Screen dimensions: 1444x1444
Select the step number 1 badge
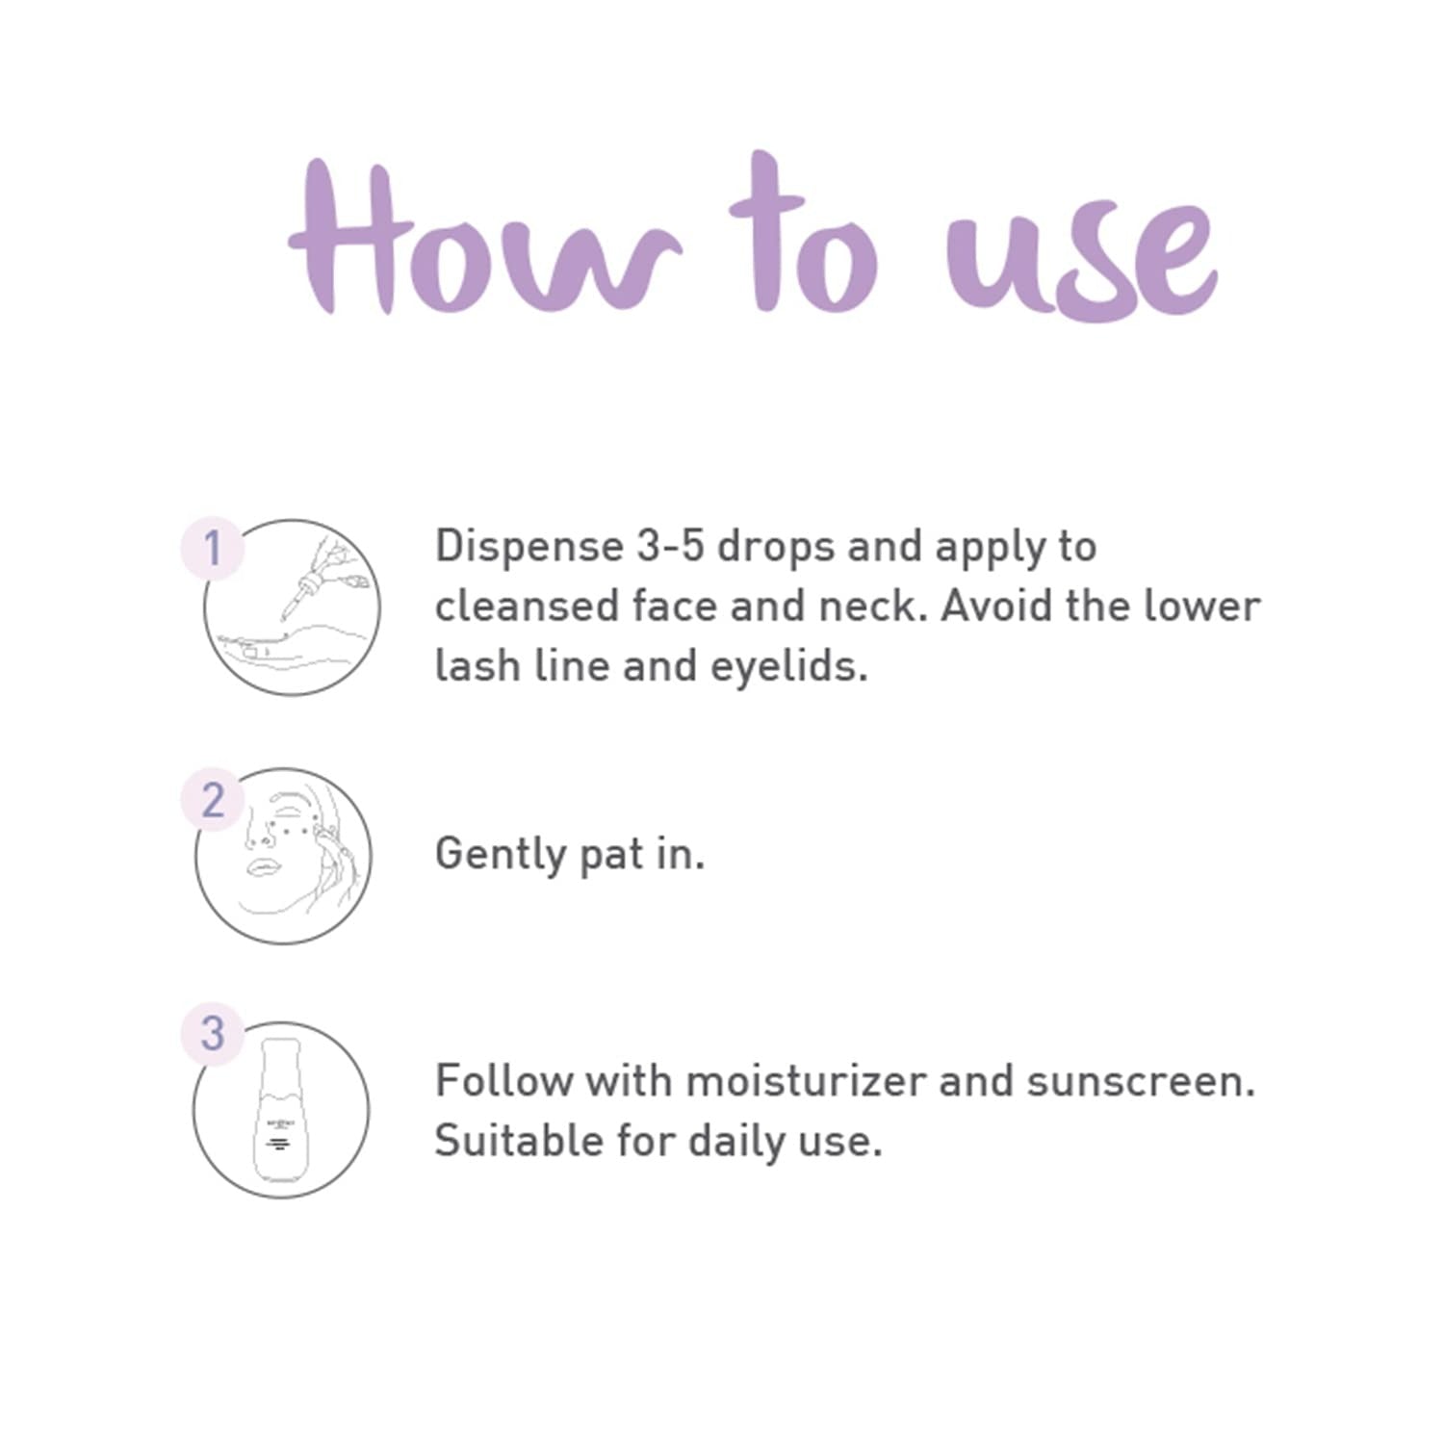coord(213,549)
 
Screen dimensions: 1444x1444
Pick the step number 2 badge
coord(213,799)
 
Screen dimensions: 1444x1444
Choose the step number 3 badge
coord(213,1033)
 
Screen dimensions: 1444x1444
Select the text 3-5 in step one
coord(671,547)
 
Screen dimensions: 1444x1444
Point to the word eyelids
coord(788,667)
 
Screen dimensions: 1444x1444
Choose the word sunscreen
coord(1141,1081)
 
